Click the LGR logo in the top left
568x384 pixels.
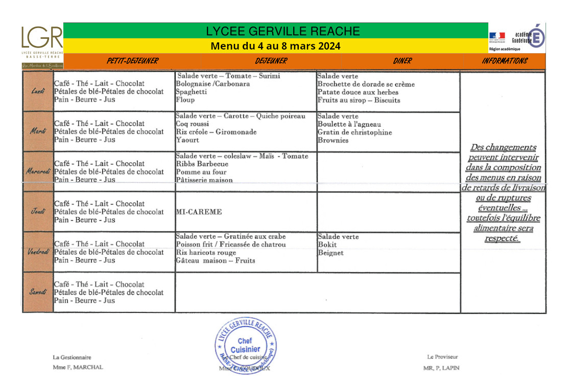tap(42, 41)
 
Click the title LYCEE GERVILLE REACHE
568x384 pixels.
tap(283, 31)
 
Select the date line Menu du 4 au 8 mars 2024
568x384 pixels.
tap(275, 46)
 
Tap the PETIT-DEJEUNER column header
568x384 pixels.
tap(132, 61)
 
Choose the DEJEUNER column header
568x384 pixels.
tap(271, 61)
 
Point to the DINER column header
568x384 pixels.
tap(402, 61)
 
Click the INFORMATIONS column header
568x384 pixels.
tap(504, 61)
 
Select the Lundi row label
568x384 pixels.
tap(38, 91)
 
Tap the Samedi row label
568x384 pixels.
tap(38, 292)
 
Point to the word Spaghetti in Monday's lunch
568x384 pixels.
tap(192, 92)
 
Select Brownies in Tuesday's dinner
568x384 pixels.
tap(333, 140)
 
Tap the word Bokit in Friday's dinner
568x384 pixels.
tap(327, 245)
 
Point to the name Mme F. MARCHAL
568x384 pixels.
tap(78, 367)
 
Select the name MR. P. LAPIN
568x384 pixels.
tap(441, 368)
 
